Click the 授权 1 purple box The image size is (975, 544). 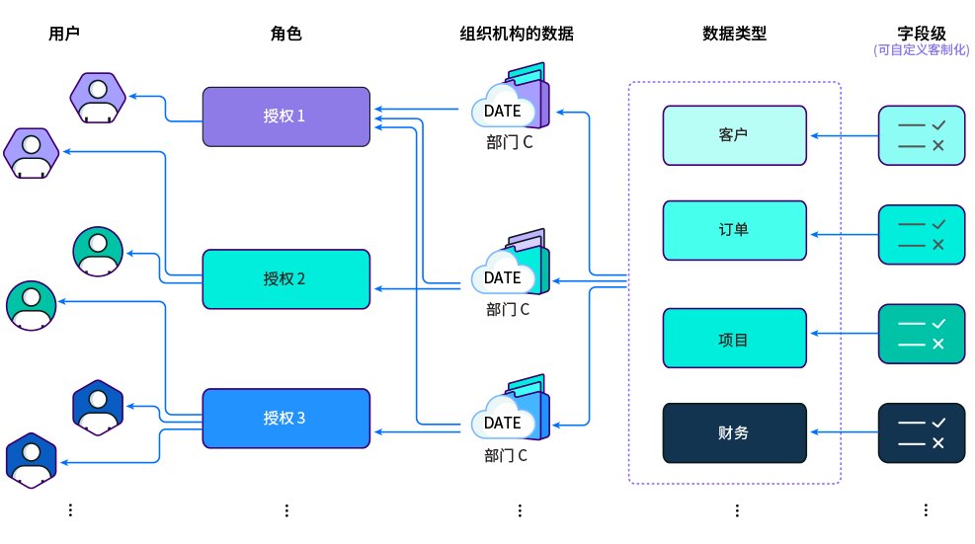285,117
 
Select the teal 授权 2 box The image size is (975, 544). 285,278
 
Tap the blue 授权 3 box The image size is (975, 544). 285,418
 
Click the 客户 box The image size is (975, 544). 734,135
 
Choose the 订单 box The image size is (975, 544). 734,230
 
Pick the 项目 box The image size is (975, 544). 734,338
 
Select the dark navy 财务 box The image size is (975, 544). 734,432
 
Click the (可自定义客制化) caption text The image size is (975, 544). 921,49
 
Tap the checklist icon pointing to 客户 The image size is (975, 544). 922,135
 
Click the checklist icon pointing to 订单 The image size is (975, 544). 922,235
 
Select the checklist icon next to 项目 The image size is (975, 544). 922,334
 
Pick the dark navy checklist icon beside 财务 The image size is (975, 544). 922,432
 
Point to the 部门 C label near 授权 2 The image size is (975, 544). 508,309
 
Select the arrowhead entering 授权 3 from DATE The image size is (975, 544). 378,431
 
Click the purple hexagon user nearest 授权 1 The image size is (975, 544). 98,97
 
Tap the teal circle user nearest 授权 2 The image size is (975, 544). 98,252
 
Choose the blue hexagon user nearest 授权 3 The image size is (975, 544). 98,406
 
